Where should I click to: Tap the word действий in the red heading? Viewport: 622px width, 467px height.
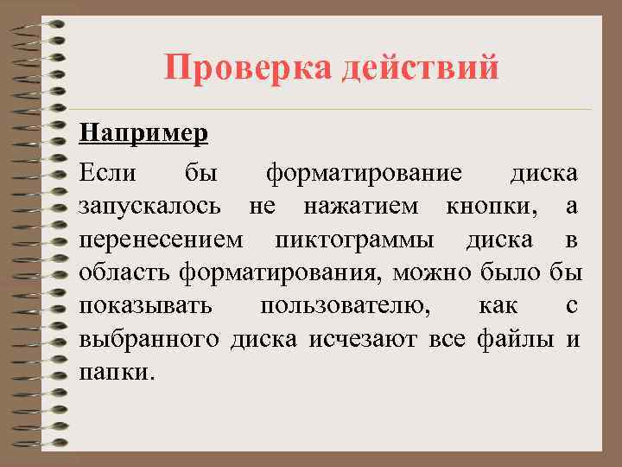[421, 67]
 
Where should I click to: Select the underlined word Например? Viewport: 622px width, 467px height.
[143, 135]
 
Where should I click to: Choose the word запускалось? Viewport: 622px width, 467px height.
[154, 206]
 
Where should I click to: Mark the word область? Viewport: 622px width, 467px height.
[126, 273]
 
